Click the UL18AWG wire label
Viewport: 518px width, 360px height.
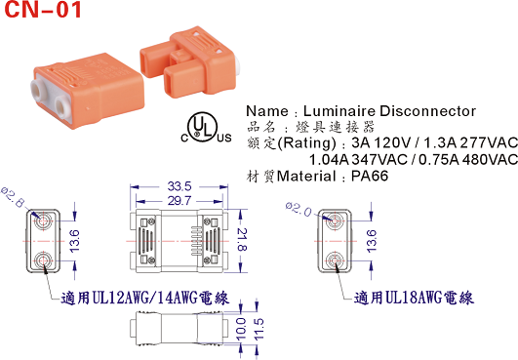click(x=414, y=298)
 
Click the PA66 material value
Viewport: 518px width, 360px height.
click(x=371, y=177)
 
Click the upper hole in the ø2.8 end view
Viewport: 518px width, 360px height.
click(x=44, y=222)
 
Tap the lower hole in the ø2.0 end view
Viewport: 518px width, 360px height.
click(x=334, y=259)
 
